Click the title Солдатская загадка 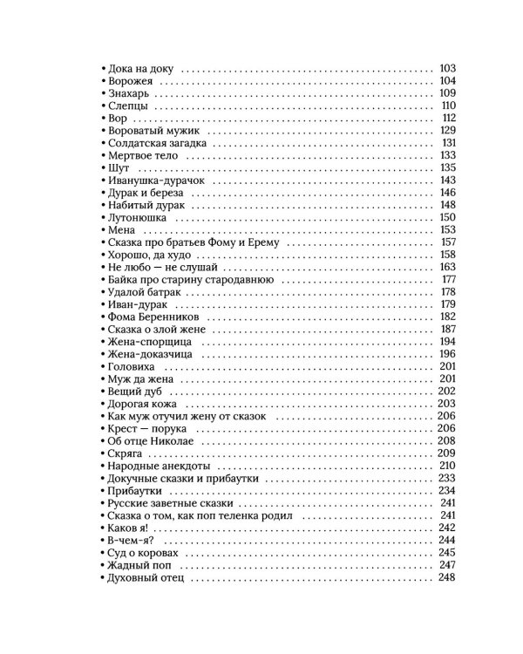[157, 143]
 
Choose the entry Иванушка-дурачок [155, 181]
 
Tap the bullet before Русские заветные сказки [103, 504]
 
